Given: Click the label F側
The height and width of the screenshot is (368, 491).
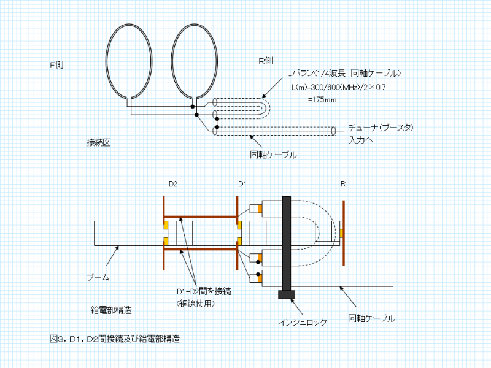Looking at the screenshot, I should (56, 64).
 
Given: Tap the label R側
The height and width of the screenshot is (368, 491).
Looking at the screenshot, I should (265, 61).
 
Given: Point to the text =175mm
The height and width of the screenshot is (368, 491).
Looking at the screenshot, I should (322, 99).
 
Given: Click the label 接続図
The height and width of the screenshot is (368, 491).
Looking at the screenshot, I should (99, 142).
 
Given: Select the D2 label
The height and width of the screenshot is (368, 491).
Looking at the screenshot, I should (173, 184).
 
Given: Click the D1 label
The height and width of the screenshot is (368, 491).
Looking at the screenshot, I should (242, 184).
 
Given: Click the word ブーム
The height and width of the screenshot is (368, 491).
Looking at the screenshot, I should (98, 277).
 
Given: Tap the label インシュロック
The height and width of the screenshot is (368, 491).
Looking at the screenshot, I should (303, 321).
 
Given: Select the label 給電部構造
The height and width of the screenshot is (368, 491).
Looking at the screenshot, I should (110, 309).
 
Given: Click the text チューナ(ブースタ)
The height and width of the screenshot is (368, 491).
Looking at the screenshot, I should (381, 128).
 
